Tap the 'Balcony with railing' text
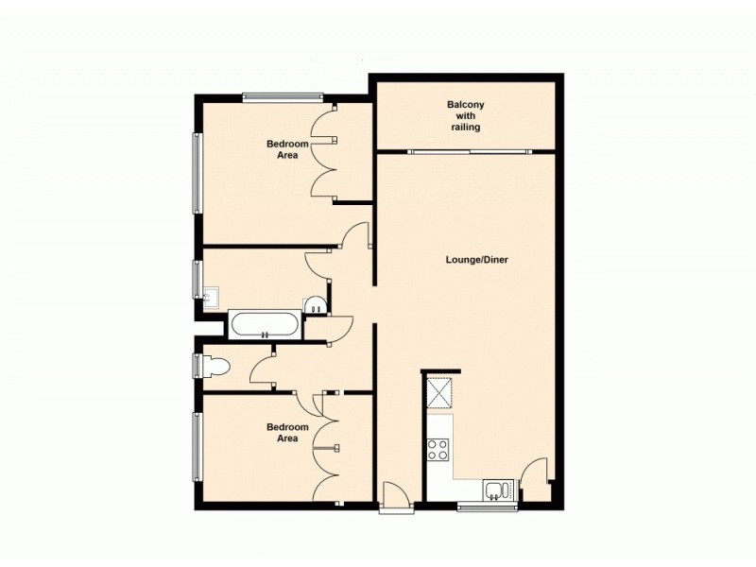coord(465,116)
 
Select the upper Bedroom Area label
coord(287,149)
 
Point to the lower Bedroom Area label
coord(287,433)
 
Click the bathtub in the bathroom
coord(266,326)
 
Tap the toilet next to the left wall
coord(215,367)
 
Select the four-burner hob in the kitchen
coord(438,449)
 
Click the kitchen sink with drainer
coord(498,490)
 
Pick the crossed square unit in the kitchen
coord(440,391)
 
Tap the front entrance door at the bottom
coord(395,495)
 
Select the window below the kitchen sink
coord(487,508)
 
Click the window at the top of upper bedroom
coord(283,95)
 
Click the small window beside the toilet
coord(197,365)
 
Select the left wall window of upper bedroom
coord(198,173)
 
